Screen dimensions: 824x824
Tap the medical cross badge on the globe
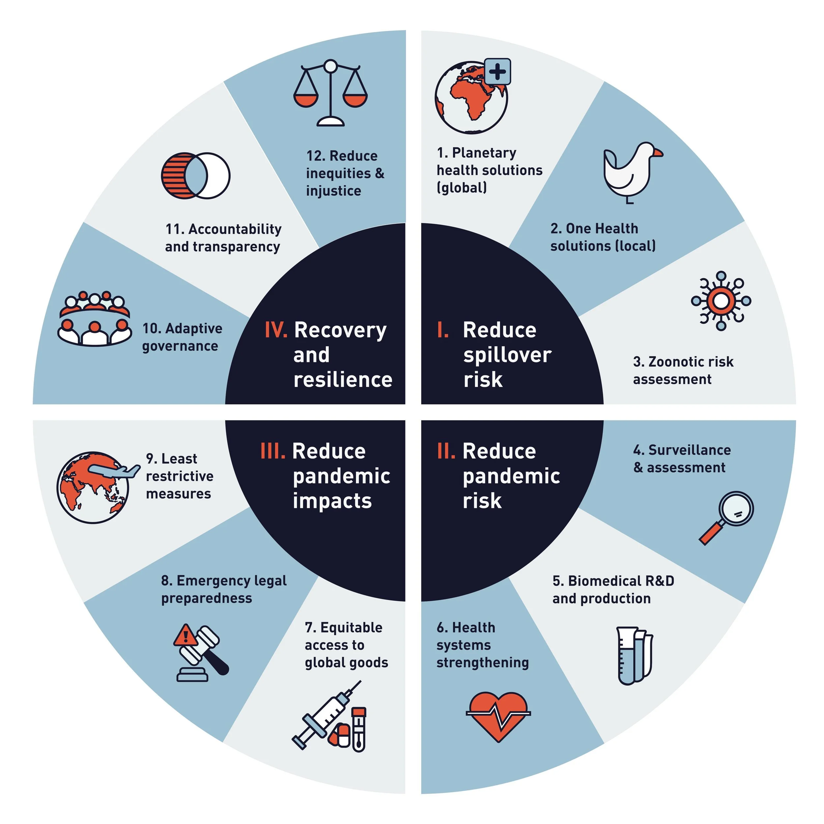point(497,72)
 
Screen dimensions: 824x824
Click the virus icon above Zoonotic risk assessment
point(721,301)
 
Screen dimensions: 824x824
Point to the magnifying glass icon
point(727,516)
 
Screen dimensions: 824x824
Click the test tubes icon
point(634,656)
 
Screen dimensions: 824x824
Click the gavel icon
point(203,653)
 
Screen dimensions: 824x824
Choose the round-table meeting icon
point(94,319)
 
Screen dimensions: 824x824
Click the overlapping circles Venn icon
point(196,176)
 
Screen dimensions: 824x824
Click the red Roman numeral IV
point(276,330)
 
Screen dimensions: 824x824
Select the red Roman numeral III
point(273,451)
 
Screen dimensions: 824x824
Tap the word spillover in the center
point(507,355)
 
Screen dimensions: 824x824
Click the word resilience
point(343,380)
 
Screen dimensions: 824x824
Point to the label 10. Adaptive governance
point(182,337)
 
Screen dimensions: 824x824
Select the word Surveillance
point(689,450)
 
